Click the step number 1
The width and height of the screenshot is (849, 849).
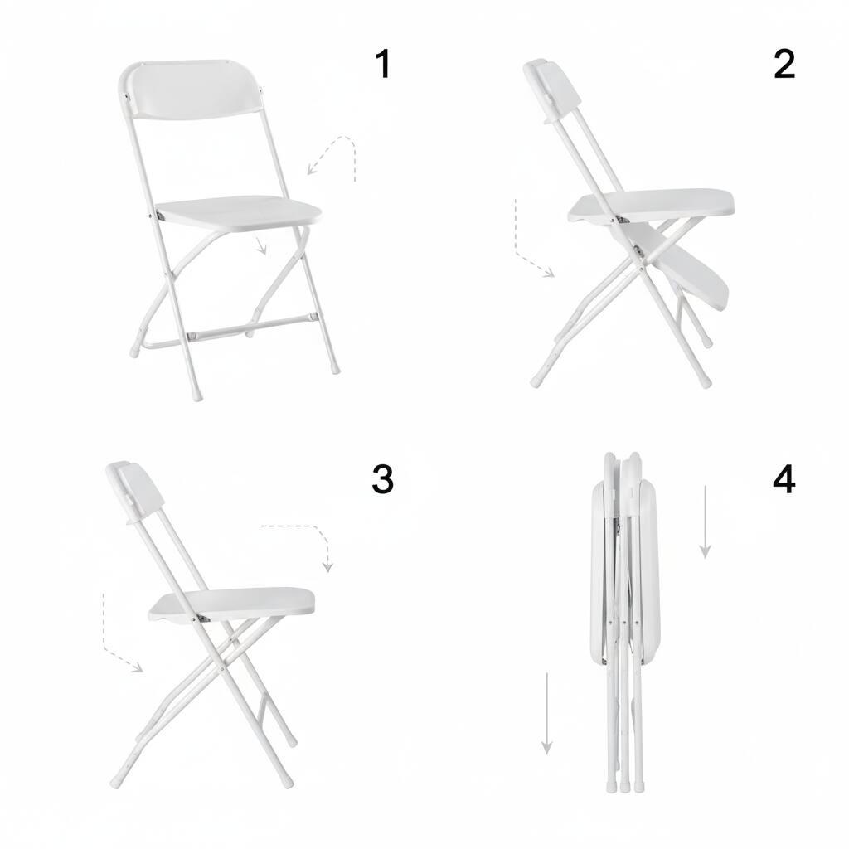click(x=382, y=65)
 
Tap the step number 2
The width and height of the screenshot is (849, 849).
click(x=784, y=65)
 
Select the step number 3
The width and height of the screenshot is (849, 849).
click(x=381, y=480)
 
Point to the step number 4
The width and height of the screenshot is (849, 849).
click(x=784, y=480)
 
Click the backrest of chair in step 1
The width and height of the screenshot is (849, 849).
click(x=192, y=90)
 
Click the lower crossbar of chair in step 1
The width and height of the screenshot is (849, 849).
click(x=249, y=327)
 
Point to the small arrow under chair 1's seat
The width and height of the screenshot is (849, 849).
click(x=262, y=245)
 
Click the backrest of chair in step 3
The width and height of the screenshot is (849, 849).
click(x=137, y=492)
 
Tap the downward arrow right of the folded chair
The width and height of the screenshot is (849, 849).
click(x=706, y=522)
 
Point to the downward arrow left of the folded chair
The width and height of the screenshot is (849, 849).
click(x=546, y=713)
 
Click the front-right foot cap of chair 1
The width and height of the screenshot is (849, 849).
click(x=335, y=366)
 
